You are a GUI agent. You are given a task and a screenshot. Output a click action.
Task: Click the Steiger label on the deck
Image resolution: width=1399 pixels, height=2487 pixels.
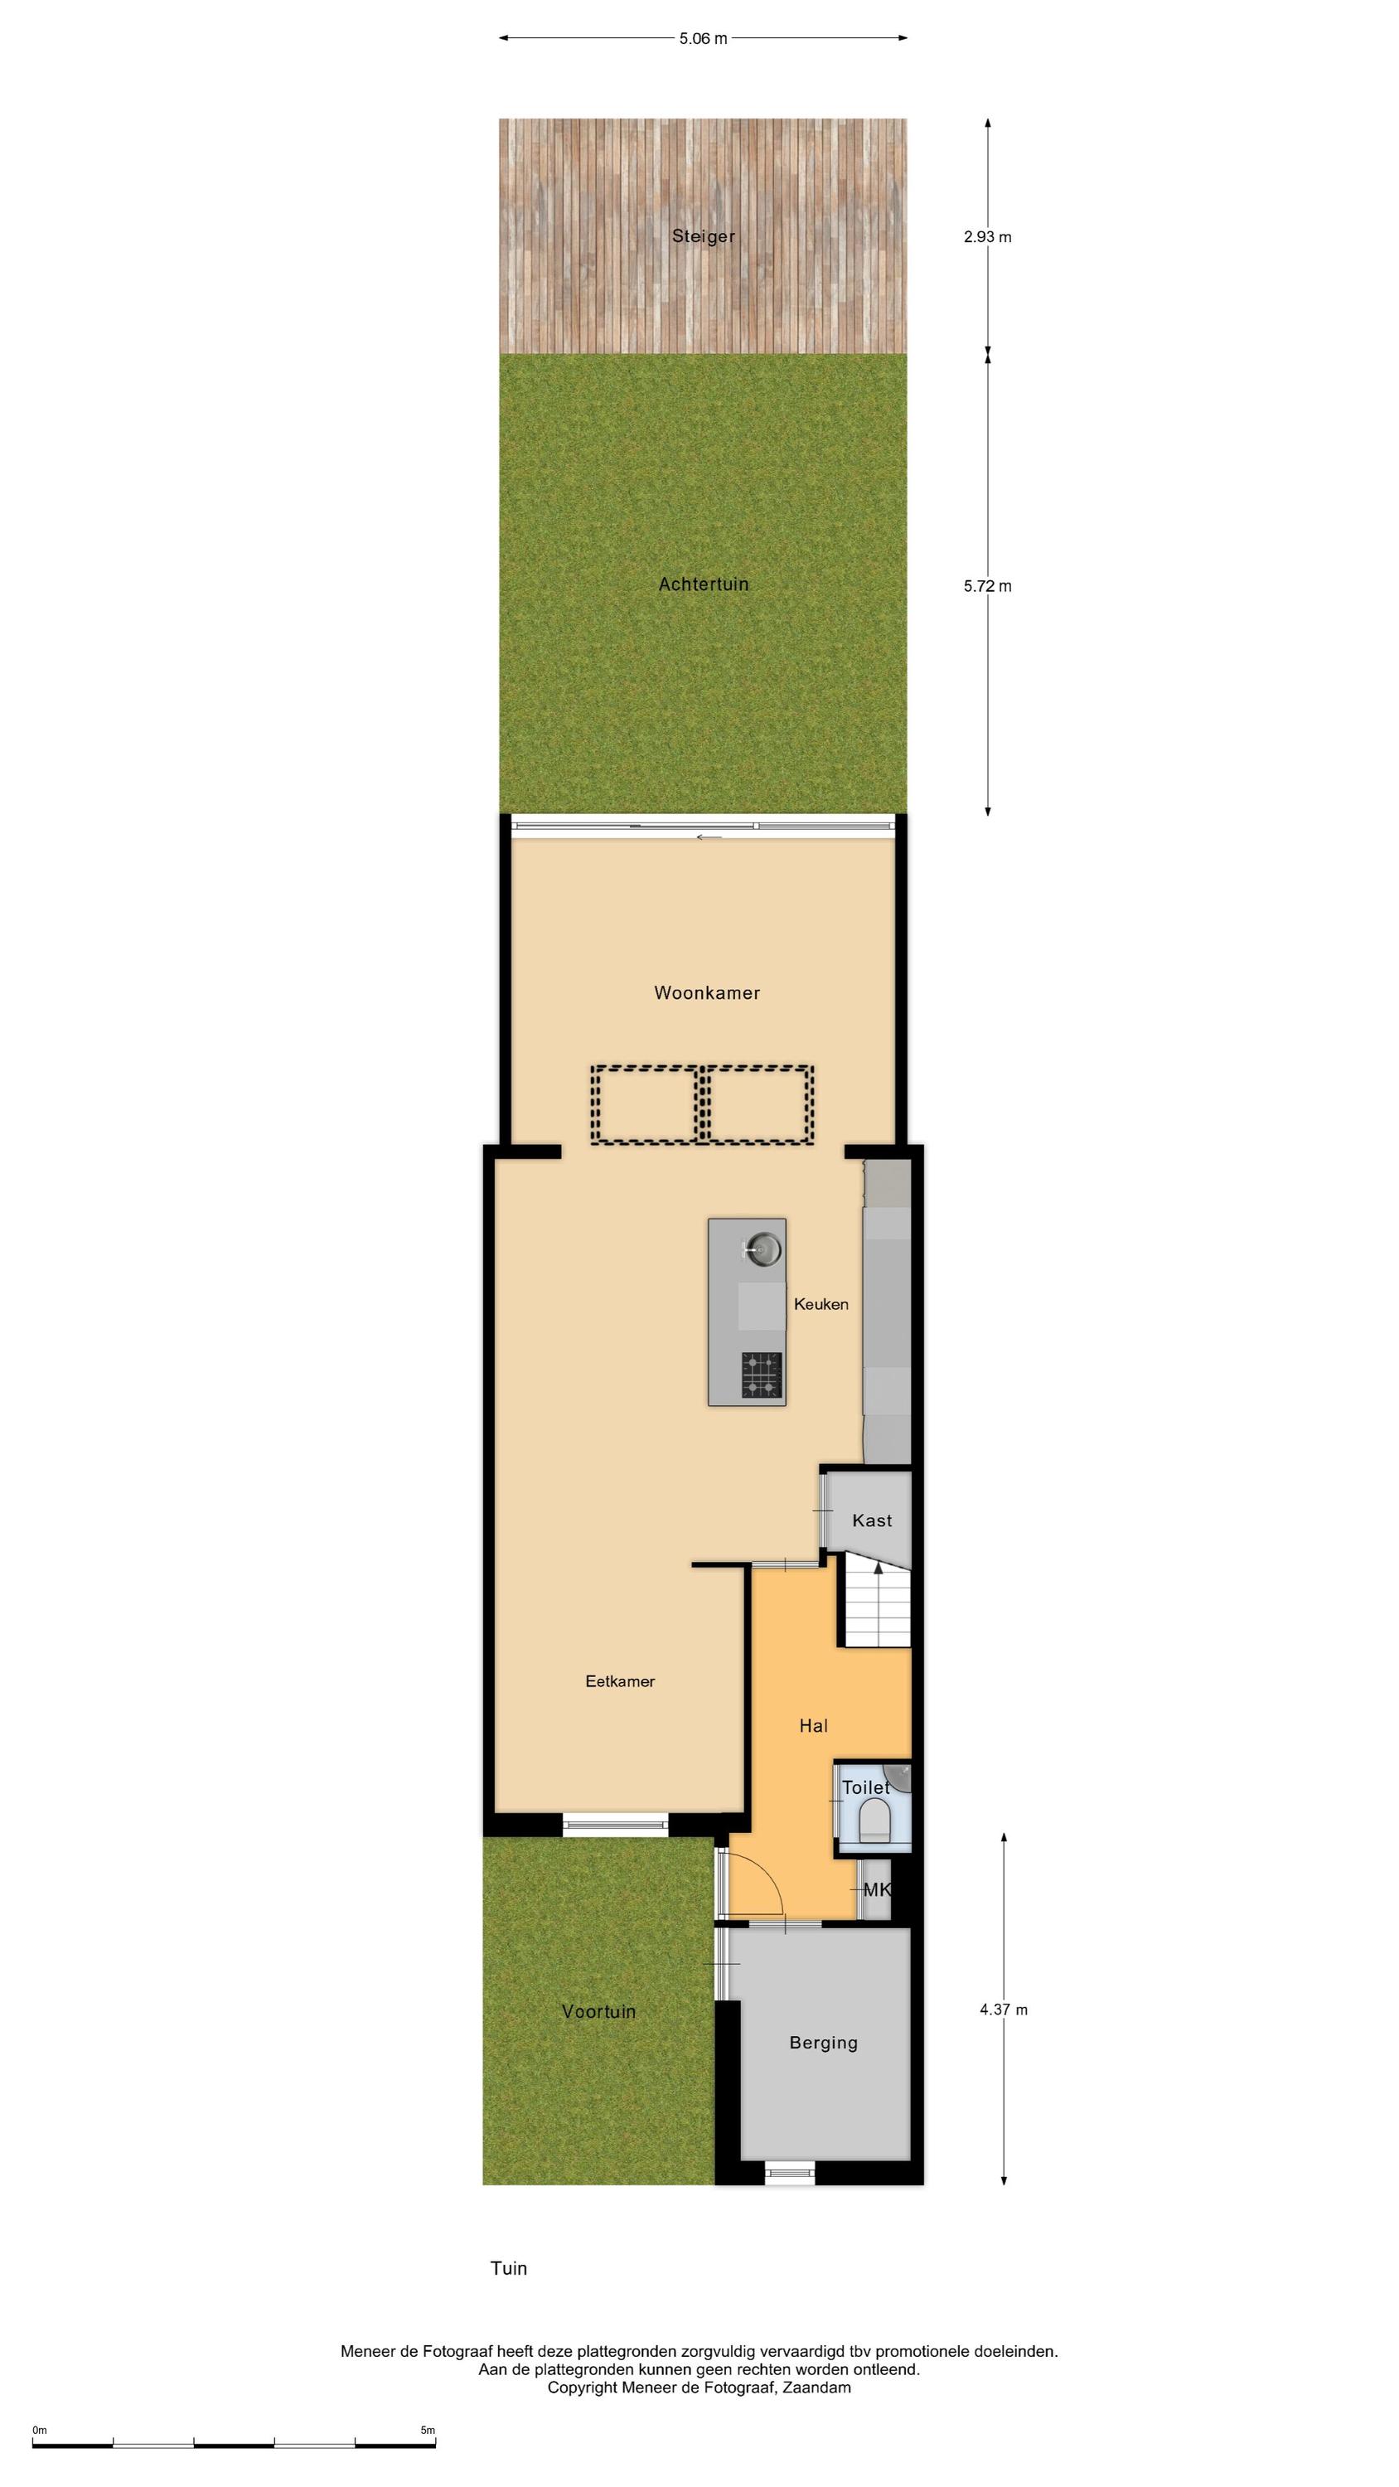pos(703,236)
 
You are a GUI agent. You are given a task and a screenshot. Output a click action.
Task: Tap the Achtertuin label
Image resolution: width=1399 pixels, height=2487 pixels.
pos(703,584)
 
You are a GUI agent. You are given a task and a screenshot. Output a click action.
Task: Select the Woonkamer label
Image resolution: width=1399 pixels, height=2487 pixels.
pos(707,992)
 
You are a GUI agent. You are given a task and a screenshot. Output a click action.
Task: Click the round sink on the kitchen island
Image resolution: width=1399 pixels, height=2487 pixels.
pos(762,1249)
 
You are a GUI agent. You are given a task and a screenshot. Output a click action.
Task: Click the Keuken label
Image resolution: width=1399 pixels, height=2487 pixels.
pos(821,1304)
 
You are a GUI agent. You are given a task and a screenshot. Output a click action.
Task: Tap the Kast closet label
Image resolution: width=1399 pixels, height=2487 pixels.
pos(872,1520)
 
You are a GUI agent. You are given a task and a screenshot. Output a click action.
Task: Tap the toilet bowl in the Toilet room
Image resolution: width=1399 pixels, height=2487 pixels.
pos(874,1820)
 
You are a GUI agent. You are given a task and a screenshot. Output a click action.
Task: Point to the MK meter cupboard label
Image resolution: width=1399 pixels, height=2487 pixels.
pos(877,1889)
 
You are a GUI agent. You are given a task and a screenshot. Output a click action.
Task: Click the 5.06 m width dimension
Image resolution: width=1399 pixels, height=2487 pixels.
pos(703,39)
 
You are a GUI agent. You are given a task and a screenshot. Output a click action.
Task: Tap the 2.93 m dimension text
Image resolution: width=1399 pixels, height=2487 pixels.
pos(988,236)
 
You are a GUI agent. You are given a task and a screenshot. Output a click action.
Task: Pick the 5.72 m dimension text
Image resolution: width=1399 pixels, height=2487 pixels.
pos(988,586)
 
